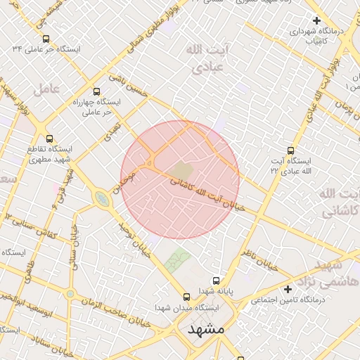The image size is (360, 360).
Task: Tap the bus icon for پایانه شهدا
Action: pyautogui.click(x=216, y=280)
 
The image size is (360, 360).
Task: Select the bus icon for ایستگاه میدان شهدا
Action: pyautogui.click(x=186, y=297)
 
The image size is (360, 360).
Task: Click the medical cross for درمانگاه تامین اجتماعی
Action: pyautogui.click(x=288, y=289)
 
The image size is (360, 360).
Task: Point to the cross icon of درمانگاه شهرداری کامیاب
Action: pyautogui.click(x=317, y=20)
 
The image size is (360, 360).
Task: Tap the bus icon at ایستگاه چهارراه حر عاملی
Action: pyautogui.click(x=96, y=91)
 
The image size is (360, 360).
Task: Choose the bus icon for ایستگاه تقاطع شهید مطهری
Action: pyautogui.click(x=49, y=139)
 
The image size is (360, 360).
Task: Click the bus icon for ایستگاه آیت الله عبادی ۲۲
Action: pyautogui.click(x=291, y=150)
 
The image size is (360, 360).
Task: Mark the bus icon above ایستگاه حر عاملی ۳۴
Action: pyautogui.click(x=46, y=39)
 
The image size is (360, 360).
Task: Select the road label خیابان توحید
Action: pyautogui.click(x=135, y=239)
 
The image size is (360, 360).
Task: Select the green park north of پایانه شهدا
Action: pyautogui.click(x=178, y=262)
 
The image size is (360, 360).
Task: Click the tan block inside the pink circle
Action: pyautogui.click(x=182, y=170)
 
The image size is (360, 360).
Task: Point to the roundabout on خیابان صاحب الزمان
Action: pyautogui.click(x=70, y=293)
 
